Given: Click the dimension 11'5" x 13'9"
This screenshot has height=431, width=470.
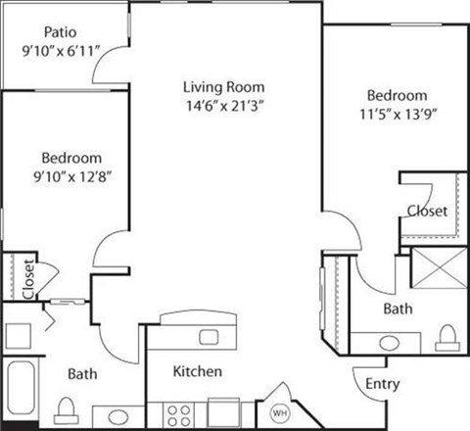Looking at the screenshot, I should (398, 113).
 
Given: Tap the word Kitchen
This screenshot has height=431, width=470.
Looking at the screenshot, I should (197, 372).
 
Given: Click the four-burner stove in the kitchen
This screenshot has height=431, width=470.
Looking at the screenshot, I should (178, 412).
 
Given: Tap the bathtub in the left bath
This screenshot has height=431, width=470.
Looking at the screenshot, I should (20, 392).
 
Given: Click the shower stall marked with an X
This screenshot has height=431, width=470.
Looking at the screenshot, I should (438, 266).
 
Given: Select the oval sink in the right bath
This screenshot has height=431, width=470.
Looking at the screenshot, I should (375, 343).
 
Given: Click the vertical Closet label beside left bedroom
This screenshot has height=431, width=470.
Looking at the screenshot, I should (28, 278).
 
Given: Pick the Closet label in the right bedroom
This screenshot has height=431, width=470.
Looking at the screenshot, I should (428, 211).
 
